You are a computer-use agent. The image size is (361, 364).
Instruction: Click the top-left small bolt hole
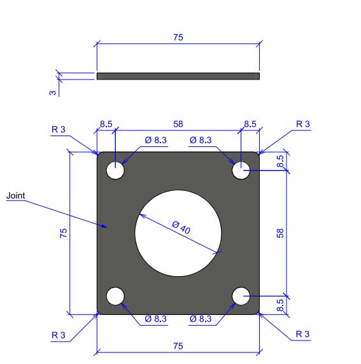(x=115, y=171)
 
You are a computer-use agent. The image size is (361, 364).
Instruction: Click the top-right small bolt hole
(x=241, y=171)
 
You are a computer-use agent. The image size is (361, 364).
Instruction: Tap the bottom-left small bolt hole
(x=115, y=296)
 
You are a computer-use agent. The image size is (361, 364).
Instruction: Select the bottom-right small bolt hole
(x=241, y=296)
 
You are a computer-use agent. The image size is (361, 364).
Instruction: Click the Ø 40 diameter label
(x=181, y=227)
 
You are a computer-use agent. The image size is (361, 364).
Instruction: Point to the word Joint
(x=15, y=196)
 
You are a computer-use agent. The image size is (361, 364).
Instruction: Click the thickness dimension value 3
(x=53, y=92)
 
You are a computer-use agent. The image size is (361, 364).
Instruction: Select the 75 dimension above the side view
(x=178, y=38)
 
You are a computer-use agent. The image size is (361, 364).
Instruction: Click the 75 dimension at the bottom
(x=178, y=346)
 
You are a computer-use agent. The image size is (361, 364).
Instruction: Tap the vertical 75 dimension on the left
(x=63, y=234)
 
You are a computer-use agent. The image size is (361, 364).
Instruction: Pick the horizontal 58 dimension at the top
(x=178, y=125)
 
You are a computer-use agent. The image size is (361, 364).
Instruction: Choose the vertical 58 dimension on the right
(x=280, y=234)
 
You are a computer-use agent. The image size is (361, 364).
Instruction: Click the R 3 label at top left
(x=59, y=129)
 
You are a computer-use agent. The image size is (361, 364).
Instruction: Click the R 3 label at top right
(x=303, y=124)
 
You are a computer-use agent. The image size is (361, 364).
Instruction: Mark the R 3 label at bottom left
(x=59, y=334)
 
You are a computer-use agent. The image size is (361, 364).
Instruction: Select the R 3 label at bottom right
(x=303, y=334)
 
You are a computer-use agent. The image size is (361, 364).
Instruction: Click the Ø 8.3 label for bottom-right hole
(x=201, y=319)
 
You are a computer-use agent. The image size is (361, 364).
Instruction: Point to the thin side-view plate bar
(x=178, y=76)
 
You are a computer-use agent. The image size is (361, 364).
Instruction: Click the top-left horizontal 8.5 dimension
(x=106, y=125)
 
